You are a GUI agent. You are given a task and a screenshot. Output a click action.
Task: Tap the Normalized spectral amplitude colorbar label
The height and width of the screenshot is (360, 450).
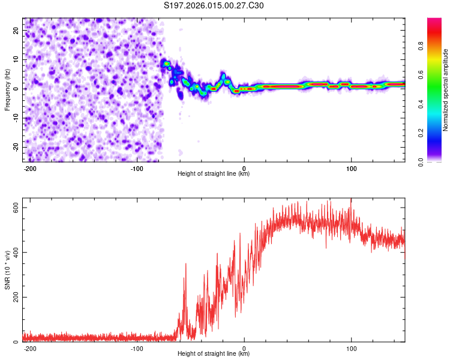pyautogui.click(x=446, y=90)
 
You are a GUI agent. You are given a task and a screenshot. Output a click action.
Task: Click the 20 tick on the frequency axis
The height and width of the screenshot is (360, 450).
pyautogui.click(x=16, y=30)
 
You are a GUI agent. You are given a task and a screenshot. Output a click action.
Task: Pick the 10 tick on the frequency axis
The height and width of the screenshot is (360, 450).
pyautogui.click(x=16, y=59)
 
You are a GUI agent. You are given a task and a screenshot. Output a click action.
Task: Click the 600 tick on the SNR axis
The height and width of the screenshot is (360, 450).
pyautogui.click(x=13, y=207)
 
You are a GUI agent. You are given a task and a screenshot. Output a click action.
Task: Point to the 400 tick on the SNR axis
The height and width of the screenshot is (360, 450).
pyautogui.click(x=13, y=252)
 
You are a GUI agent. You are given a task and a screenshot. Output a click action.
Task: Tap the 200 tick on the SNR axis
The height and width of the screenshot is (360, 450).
pyautogui.click(x=13, y=297)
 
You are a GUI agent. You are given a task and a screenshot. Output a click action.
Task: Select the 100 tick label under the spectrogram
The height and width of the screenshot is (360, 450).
pyautogui.click(x=351, y=168)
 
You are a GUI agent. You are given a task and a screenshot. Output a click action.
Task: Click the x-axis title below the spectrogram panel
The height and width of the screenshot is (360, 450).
pyautogui.click(x=214, y=174)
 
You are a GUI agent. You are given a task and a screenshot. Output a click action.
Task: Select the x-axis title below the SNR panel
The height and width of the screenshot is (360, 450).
pyautogui.click(x=214, y=354)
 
